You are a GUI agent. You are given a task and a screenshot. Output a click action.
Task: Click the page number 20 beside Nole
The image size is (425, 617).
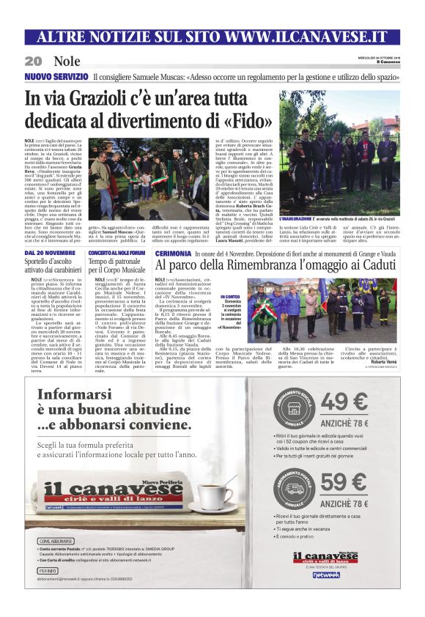33,61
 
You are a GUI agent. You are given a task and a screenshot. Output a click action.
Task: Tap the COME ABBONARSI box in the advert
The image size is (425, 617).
54,541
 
